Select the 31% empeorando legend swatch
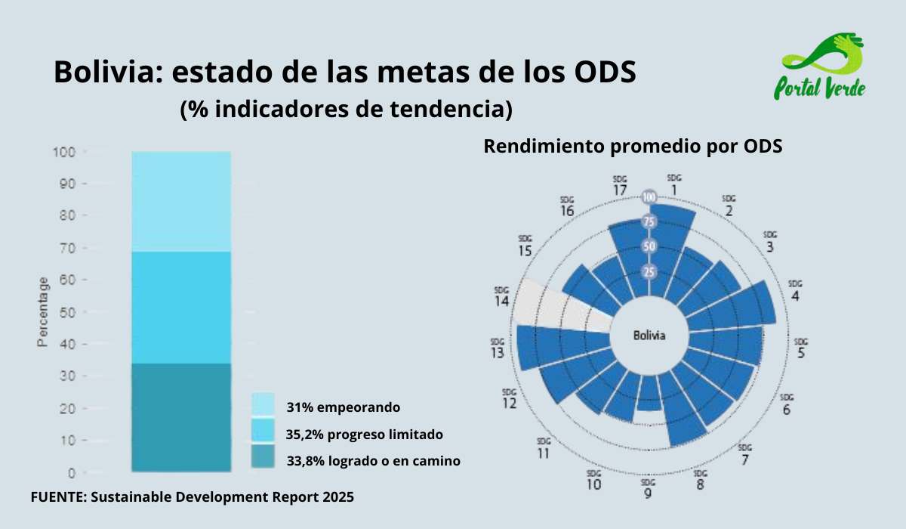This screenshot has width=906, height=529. point(263,403)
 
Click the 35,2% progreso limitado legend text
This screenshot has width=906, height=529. point(364,435)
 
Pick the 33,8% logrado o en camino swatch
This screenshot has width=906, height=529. point(263,456)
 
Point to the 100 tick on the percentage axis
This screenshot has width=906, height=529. point(64,152)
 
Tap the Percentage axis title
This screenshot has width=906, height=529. point(43,312)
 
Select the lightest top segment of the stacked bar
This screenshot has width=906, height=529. point(180,201)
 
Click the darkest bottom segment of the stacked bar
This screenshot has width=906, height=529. point(180,418)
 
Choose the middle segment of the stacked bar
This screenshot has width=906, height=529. point(180,307)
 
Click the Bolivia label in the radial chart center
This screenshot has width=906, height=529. point(649,336)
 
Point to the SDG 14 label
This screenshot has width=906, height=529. point(501,296)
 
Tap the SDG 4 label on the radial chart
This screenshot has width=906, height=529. point(795,290)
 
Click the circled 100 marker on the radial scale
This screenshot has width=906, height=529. point(649,197)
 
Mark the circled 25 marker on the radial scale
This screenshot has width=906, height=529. point(649,272)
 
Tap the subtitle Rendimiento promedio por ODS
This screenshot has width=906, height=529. point(633,146)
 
